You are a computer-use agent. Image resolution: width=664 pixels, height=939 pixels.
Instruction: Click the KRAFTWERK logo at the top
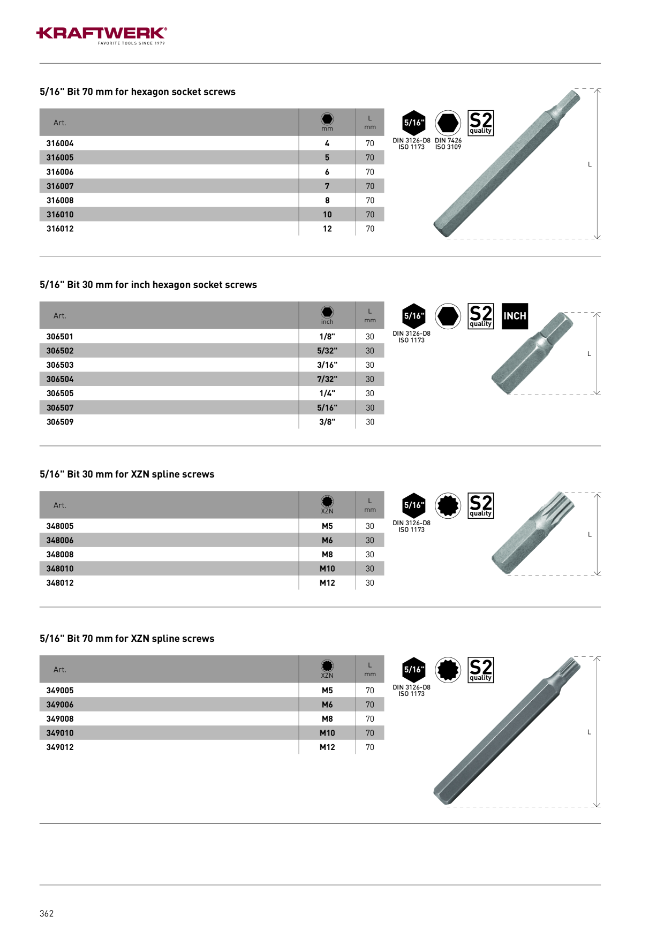(x=102, y=35)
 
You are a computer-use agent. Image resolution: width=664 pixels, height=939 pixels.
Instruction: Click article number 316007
(x=60, y=186)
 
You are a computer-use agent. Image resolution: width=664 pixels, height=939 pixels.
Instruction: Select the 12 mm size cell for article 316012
(x=327, y=229)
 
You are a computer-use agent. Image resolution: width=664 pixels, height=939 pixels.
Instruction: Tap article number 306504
(x=60, y=379)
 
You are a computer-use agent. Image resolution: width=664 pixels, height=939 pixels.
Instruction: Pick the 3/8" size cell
(x=327, y=422)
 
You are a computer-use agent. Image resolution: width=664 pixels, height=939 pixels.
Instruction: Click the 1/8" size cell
(x=327, y=337)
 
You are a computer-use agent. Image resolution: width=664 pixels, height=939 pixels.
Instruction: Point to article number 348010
(x=60, y=569)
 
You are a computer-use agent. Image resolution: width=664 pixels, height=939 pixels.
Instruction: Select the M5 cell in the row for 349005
(x=327, y=691)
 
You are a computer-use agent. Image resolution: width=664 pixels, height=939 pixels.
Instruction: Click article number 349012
(x=60, y=747)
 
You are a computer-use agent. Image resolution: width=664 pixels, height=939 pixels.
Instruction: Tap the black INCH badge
(x=515, y=316)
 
